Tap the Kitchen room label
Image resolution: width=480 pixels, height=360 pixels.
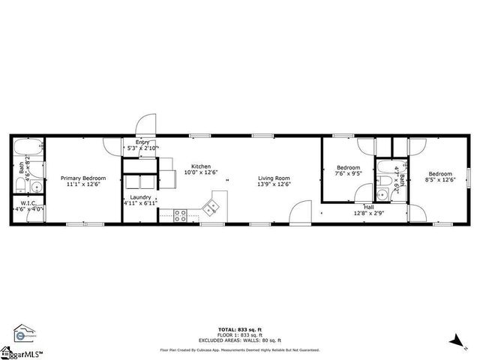[200, 169]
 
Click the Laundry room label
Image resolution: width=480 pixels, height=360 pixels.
[140, 199]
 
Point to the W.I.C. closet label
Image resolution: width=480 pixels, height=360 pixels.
[28, 205]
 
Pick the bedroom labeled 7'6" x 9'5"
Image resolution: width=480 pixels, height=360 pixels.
[348, 170]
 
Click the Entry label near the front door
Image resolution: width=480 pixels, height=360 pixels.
[142, 145]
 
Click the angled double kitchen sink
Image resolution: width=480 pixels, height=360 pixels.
[215, 203]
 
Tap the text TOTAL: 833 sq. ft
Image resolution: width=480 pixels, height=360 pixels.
[239, 330]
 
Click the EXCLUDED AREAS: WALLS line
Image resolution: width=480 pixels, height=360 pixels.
[239, 341]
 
